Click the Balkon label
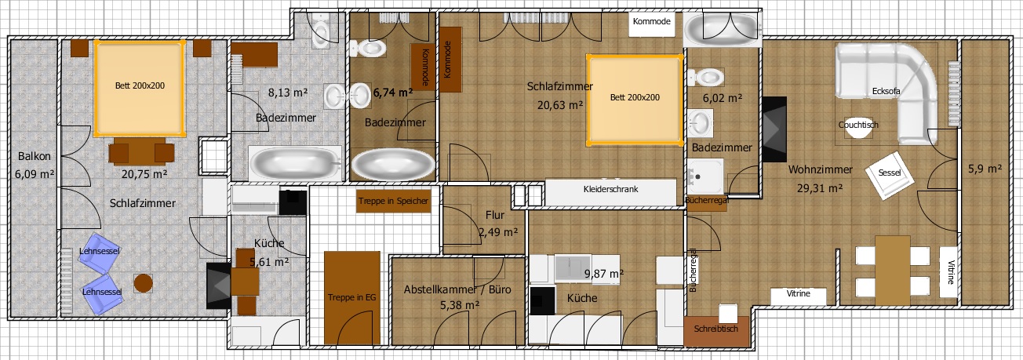point(35,156)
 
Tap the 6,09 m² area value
point(35,174)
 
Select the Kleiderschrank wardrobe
point(610,192)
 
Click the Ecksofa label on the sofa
point(886,91)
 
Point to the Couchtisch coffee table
point(858,128)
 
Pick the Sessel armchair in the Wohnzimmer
point(890,176)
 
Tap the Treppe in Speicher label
point(393,201)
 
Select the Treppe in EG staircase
point(352,298)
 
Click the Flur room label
point(495,215)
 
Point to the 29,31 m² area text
point(820,187)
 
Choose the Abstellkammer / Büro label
point(457,289)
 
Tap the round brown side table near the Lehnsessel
point(144,283)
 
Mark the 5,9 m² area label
point(985,169)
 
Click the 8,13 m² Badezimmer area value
point(288,93)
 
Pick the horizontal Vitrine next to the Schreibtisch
point(799,296)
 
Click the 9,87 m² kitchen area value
point(604,274)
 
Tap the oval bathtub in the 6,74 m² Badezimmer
point(393,165)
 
